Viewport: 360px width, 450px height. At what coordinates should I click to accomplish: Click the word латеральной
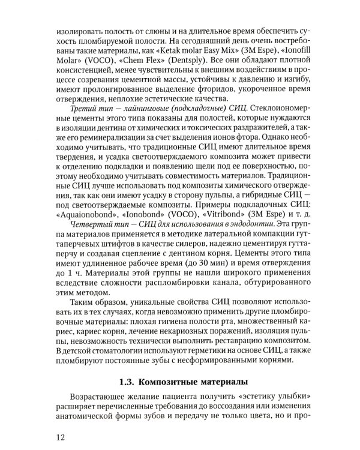point(221,235)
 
